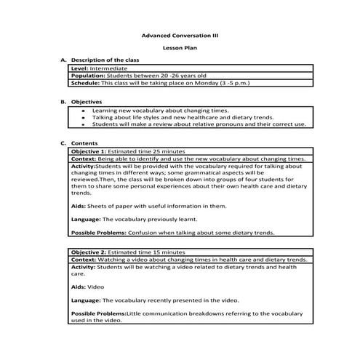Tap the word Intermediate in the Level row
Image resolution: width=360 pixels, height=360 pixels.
[106, 68]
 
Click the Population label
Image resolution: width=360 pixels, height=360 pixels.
[88, 75]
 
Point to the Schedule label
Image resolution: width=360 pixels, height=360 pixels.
[87, 83]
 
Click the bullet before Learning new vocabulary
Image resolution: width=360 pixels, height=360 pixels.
[84, 111]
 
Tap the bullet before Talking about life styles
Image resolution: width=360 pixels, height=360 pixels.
[84, 117]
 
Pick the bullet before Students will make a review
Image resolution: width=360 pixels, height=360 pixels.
[84, 124]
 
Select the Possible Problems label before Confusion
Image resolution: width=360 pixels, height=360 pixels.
[98, 233]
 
